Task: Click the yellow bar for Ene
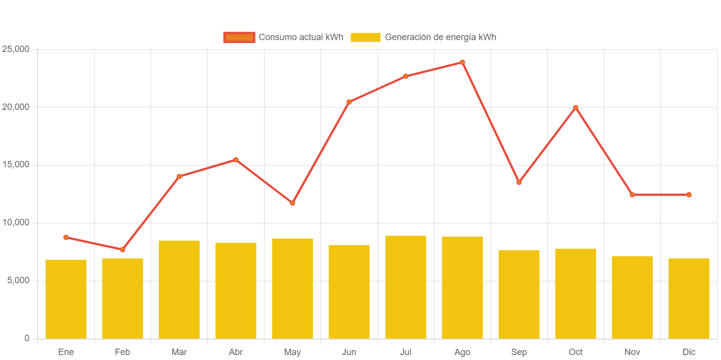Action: [66, 299]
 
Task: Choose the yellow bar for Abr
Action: [236, 291]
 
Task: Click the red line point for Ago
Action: [463, 62]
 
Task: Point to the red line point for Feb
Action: [122, 250]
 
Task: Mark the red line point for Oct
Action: [575, 107]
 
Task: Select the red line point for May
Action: [292, 203]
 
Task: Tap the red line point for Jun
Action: [349, 102]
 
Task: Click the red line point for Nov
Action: [632, 195]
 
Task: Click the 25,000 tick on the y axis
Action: [16, 49]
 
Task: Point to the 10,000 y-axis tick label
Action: [16, 222]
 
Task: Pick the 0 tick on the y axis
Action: [27, 338]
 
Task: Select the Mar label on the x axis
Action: [179, 352]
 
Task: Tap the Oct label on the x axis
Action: [575, 352]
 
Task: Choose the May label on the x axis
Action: [292, 352]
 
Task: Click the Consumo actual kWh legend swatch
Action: [239, 37]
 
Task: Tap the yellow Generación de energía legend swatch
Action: [365, 37]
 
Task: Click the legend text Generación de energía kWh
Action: [440, 37]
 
